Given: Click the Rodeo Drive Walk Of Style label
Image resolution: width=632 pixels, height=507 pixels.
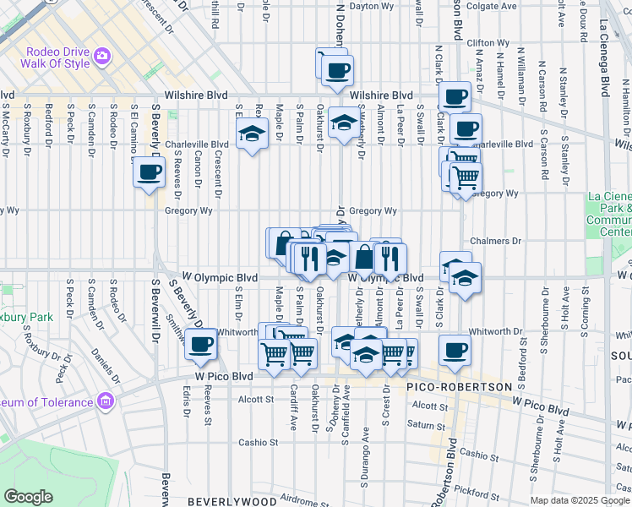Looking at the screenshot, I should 56,63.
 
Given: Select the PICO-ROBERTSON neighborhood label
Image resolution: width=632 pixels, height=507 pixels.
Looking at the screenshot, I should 460,387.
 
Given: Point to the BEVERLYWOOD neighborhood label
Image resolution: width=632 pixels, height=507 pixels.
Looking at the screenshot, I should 231,501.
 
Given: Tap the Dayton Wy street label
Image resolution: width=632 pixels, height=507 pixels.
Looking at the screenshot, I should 373,6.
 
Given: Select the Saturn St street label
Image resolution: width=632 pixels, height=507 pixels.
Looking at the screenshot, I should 424,424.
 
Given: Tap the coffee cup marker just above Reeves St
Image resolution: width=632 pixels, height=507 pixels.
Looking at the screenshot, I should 201,343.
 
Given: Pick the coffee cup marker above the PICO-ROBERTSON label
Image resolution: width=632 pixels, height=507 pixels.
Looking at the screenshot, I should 455,349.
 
